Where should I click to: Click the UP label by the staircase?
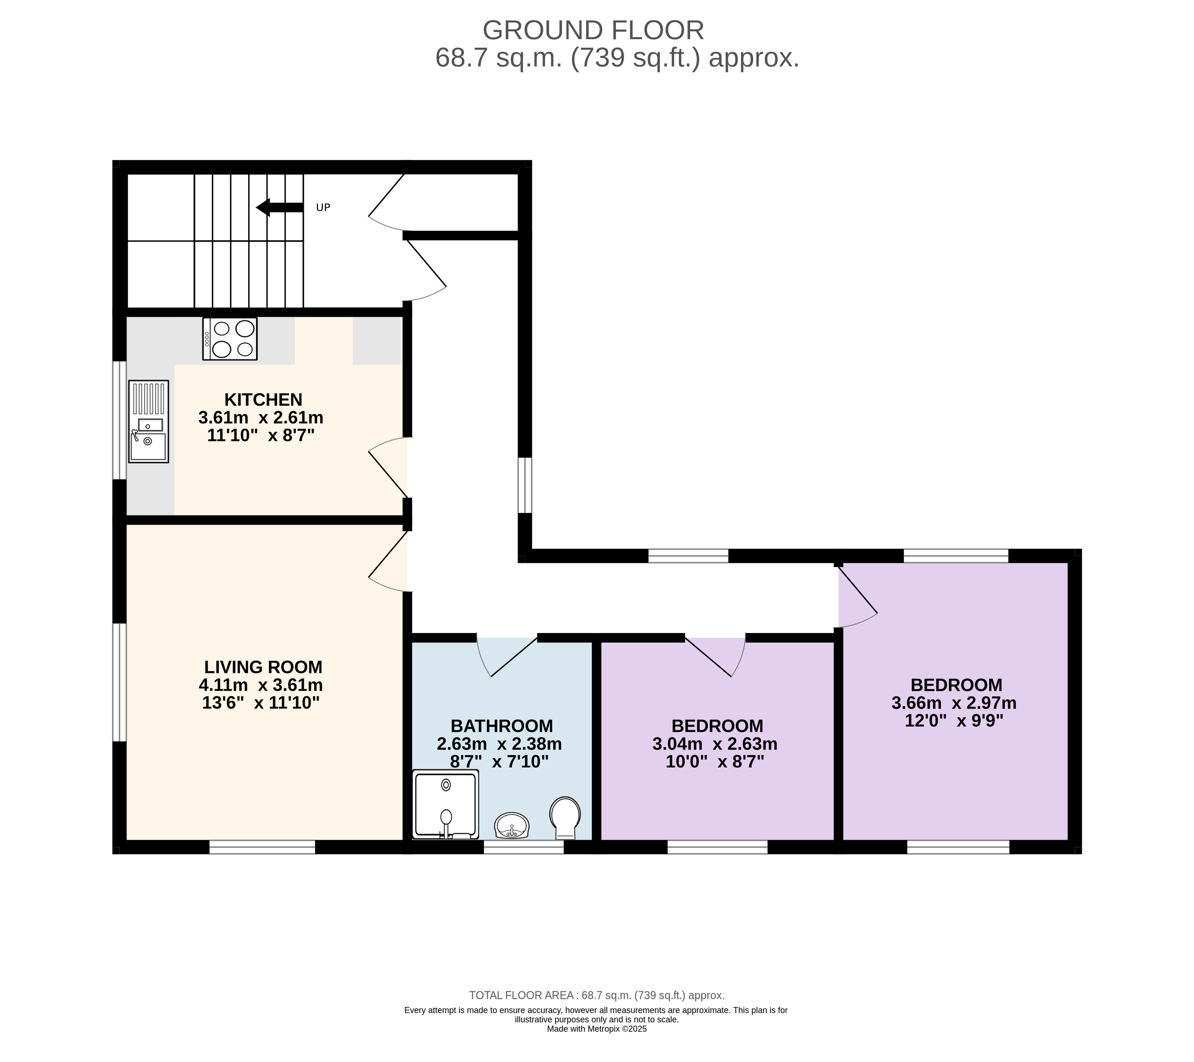click(323, 207)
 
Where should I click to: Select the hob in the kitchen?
click(230, 339)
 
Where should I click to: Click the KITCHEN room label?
click(264, 400)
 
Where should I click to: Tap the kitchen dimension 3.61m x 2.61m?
click(261, 418)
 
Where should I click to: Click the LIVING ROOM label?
click(264, 667)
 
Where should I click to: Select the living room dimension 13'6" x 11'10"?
click(261, 703)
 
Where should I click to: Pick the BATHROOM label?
click(502, 726)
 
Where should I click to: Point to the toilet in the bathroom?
click(565, 817)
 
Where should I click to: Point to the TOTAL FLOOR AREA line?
click(596, 995)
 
